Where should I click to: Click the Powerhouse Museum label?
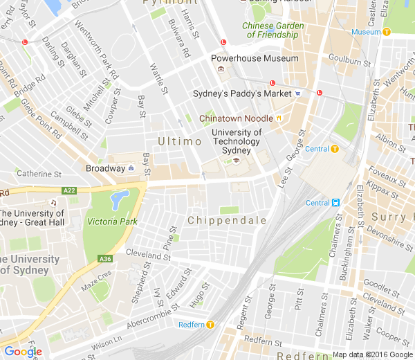coord(255,59)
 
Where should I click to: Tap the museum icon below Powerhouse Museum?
coord(221,70)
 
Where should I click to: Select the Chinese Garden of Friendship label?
coord(273,30)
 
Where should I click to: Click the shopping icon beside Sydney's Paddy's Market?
coord(297,93)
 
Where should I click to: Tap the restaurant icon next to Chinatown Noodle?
coord(279,118)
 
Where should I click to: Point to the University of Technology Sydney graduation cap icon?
coord(236,161)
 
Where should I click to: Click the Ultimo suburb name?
coord(179,141)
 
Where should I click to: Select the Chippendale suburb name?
coord(227,220)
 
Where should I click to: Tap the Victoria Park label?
coord(112,222)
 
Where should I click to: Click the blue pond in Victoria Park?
coord(119,199)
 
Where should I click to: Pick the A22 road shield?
coord(68,190)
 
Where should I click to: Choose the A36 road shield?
coord(105,259)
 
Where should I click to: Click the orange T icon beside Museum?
coord(387,31)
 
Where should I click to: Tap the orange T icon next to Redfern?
coord(210,324)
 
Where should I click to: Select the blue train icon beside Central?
coord(335,203)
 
